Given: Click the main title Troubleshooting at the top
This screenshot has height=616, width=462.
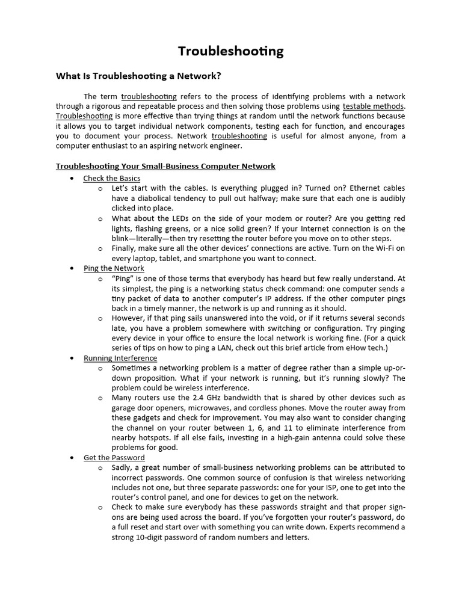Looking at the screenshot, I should point(230,52).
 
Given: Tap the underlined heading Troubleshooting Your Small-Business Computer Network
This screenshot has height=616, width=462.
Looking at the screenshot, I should point(165,166).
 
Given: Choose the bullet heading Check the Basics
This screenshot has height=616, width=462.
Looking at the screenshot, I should point(112,179).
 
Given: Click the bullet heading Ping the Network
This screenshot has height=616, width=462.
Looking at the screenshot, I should point(114,268).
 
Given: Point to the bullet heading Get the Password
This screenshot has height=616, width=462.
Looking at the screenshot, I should point(114,458).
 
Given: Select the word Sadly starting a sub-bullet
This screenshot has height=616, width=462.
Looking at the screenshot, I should point(122,467).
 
